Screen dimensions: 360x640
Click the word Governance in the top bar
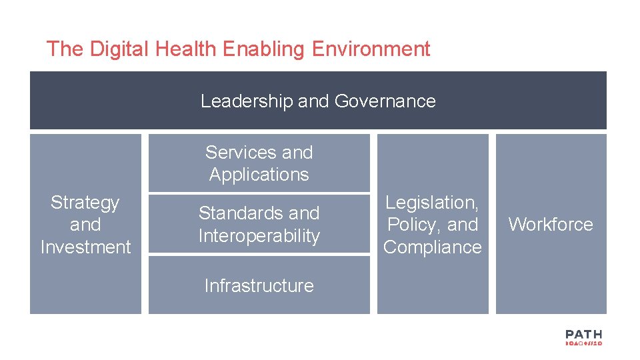point(385,101)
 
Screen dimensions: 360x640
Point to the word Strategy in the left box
point(85,202)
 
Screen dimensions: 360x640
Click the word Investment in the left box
point(85,247)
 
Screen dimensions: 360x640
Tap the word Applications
point(259,175)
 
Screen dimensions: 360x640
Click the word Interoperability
point(259,235)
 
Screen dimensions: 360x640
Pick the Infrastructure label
point(259,285)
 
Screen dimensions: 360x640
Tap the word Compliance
point(432,247)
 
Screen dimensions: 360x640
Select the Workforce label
point(550,224)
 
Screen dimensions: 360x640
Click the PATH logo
point(583,337)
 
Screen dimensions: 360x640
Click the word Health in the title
point(187,49)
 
